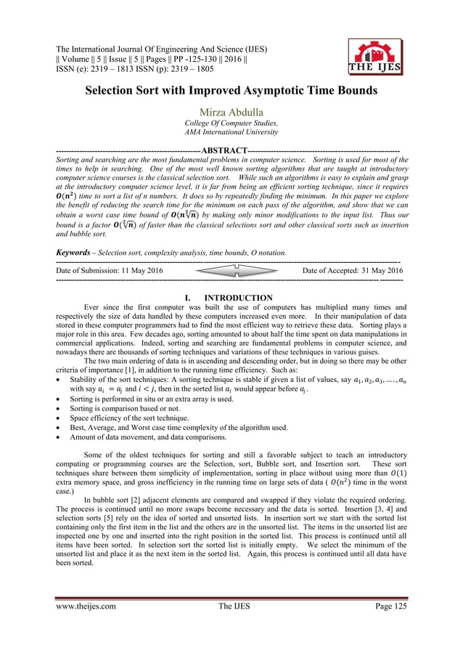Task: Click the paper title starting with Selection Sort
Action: coord(231,93)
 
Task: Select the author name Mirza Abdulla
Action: coord(231,112)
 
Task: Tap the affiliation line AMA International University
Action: coord(231,132)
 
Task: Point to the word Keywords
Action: coord(75,252)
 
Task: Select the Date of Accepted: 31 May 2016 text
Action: coord(352,270)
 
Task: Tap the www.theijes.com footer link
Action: coord(86,626)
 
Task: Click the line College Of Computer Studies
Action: coord(231,123)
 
